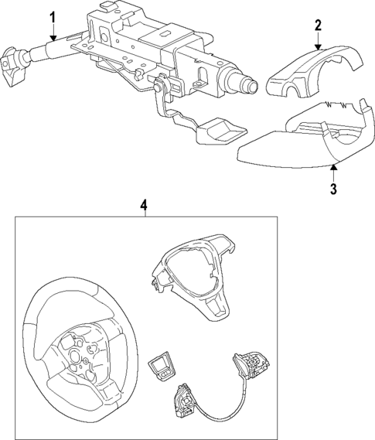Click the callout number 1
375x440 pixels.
click(53, 18)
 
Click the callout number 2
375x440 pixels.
click(318, 25)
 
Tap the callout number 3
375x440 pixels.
click(333, 189)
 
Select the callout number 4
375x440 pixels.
click(143, 206)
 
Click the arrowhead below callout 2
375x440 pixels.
click(318, 47)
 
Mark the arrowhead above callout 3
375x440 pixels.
click(333, 167)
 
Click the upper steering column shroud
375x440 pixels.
click(314, 73)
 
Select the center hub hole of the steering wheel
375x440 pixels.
click(75, 356)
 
